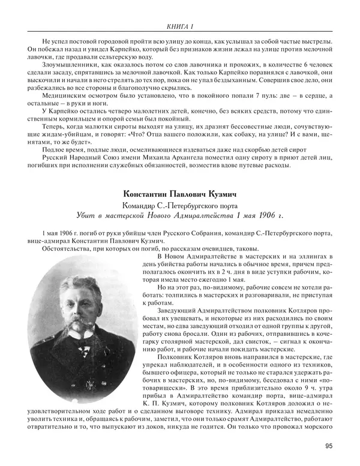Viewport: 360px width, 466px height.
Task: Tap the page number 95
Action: coord(328,446)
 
